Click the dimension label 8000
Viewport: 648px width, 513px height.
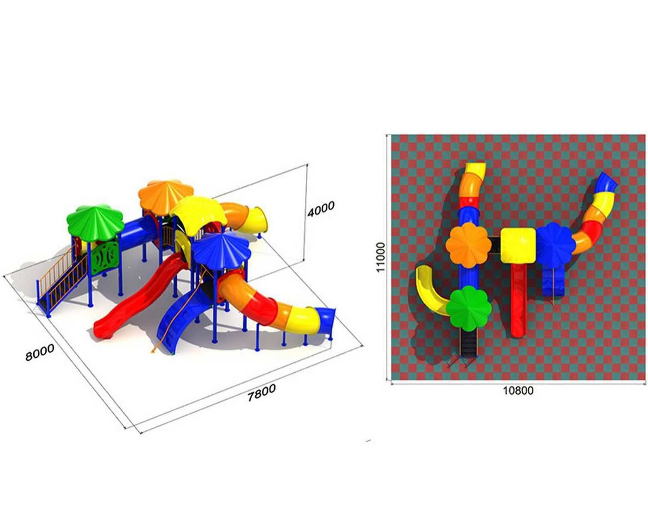(x=40, y=352)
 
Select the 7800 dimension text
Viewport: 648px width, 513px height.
(x=261, y=393)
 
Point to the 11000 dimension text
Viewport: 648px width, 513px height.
(x=381, y=257)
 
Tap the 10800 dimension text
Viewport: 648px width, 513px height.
(x=518, y=391)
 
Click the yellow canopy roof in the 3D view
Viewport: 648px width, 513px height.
(x=199, y=214)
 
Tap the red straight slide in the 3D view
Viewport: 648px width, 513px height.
(x=139, y=298)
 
